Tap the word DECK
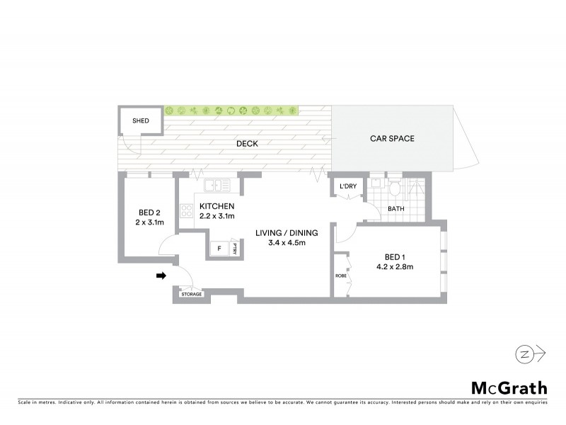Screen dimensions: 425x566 point(247,144)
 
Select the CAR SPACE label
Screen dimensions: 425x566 point(392,139)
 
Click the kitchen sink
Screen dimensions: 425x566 point(217,186)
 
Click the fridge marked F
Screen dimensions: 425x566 point(219,249)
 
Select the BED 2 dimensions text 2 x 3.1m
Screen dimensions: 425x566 point(149,222)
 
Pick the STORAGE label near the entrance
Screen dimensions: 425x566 point(191,294)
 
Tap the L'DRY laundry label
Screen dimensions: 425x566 point(348,186)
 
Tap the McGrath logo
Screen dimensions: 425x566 point(509,387)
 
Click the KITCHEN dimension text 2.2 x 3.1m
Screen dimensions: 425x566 point(216,216)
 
